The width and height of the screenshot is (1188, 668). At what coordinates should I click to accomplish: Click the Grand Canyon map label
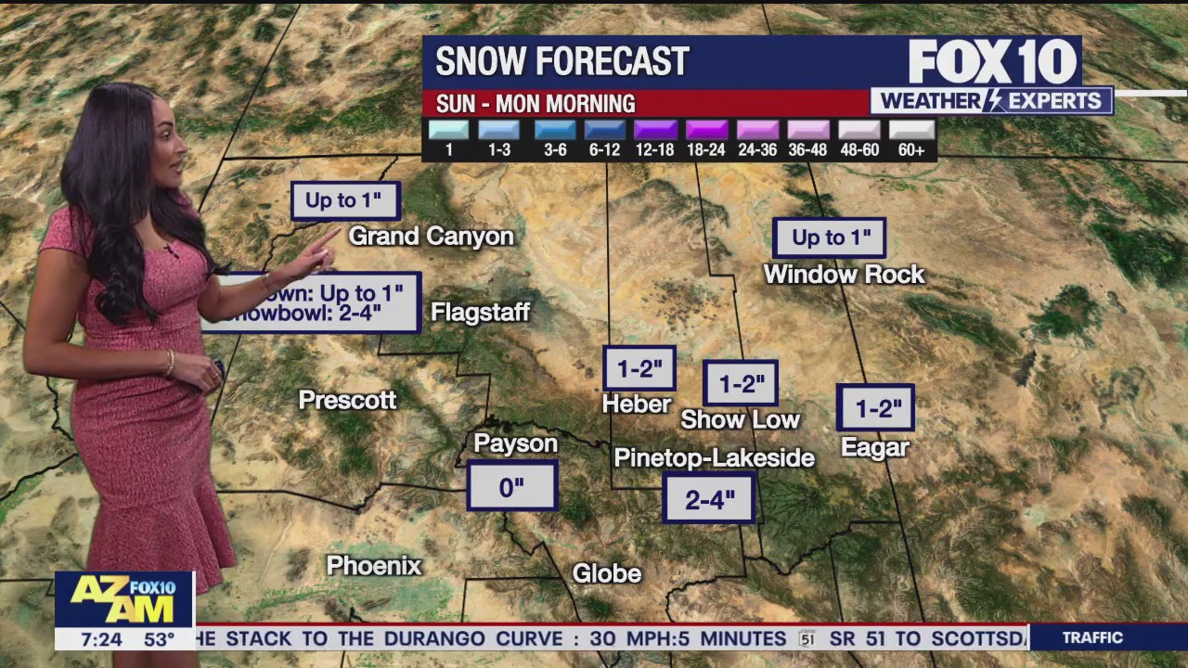431,237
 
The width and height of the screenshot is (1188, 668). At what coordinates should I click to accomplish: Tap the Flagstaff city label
480,313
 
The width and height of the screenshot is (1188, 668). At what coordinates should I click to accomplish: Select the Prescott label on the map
347,400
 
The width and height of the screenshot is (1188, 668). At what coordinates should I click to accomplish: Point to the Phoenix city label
374,565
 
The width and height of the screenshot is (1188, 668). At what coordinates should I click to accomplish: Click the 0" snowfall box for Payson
511,486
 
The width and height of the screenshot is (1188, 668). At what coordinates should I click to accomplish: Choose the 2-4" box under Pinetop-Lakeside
709,499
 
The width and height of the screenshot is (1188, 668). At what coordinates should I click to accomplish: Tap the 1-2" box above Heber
639,368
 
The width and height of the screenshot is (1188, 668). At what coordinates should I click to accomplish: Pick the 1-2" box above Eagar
875,408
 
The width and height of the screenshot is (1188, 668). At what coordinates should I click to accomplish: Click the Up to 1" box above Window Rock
830,238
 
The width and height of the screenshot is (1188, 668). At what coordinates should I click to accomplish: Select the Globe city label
607,573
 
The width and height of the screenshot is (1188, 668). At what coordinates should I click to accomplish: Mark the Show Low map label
740,419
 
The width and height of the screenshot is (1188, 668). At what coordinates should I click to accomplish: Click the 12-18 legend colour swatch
655,130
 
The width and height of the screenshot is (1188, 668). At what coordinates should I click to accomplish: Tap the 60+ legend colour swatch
911,130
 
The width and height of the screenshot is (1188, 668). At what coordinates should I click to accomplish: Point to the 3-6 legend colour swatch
555,130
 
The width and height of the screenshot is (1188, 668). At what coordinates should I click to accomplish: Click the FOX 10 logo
992,62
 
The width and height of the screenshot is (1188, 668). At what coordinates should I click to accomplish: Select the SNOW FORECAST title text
562,62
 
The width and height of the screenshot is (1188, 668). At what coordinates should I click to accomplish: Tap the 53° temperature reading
159,639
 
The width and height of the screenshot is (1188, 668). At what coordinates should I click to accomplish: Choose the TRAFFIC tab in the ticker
1092,637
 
